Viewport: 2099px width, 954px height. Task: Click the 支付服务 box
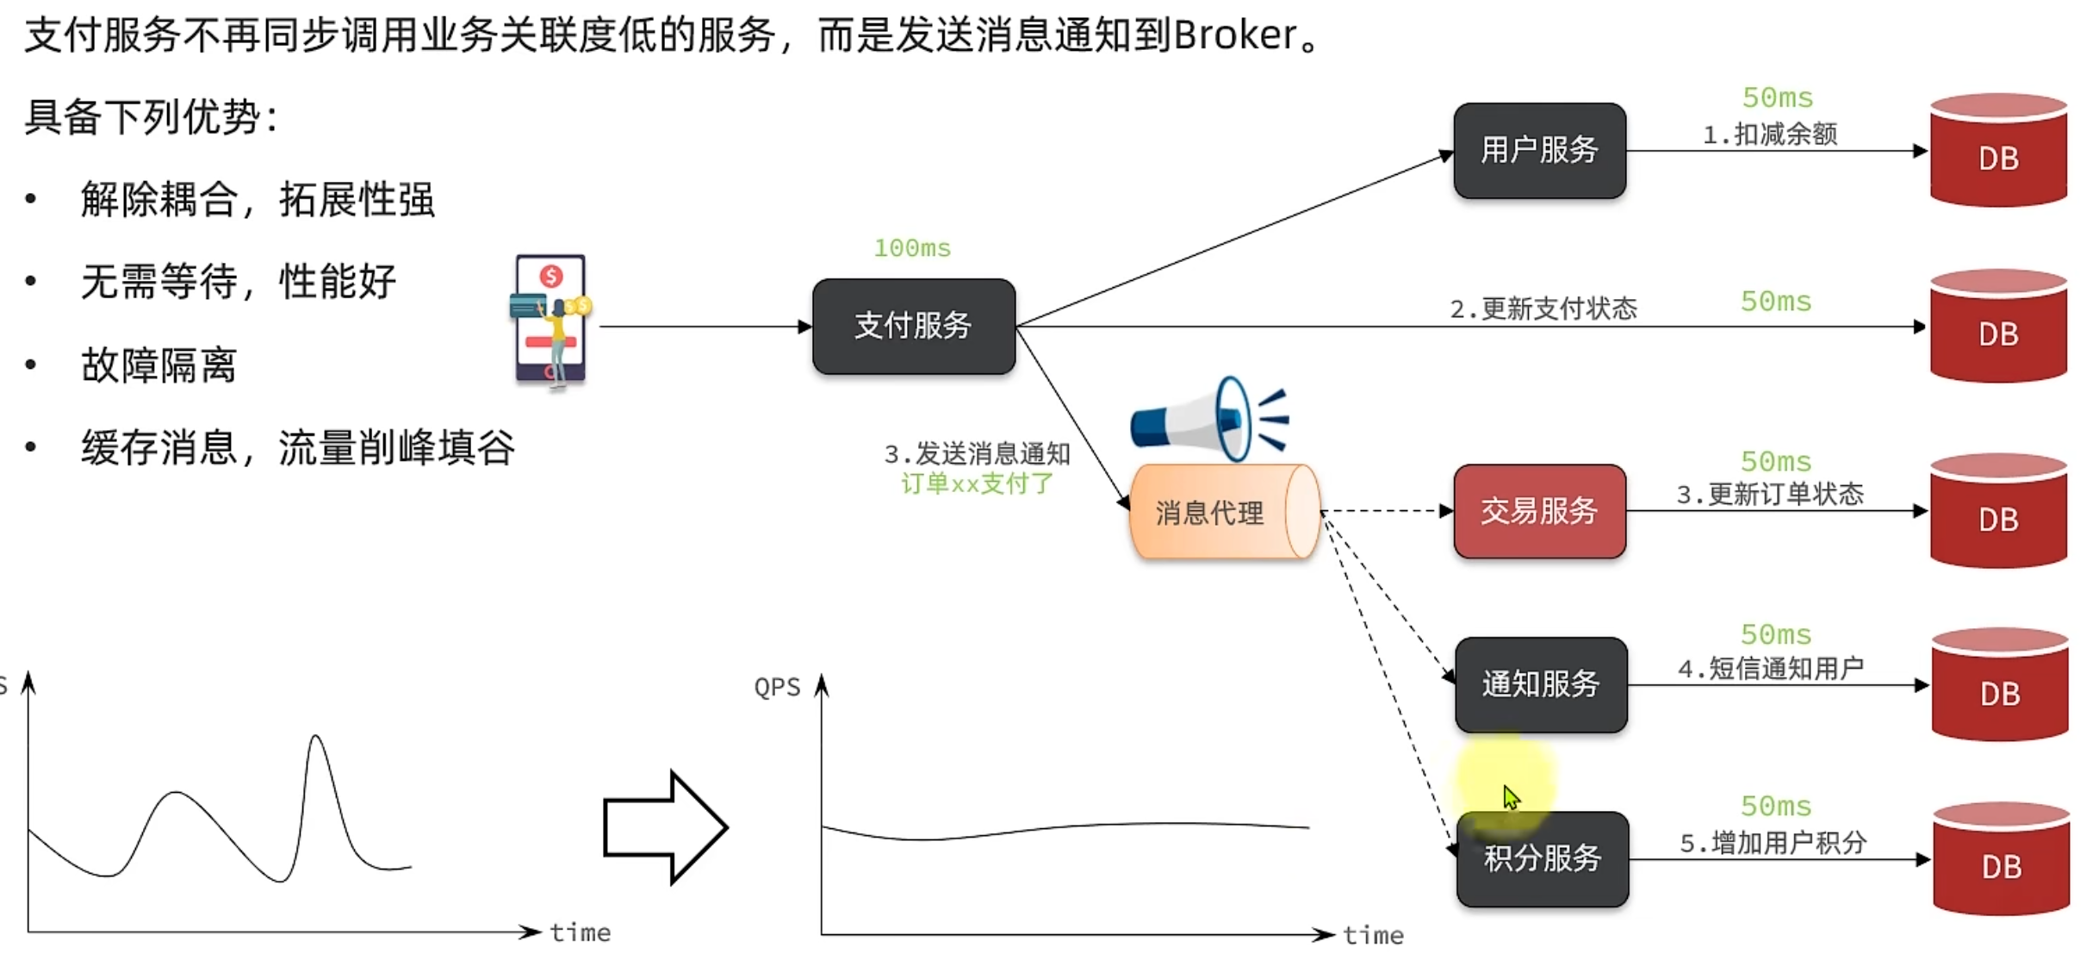[x=913, y=326]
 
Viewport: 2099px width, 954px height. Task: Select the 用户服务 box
[x=1539, y=151]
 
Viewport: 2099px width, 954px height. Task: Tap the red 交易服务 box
[x=1539, y=511]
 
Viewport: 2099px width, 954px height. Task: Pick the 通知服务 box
[x=1541, y=685]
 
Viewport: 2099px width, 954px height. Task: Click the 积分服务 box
[x=1542, y=858]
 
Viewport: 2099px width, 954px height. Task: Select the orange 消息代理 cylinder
[x=1223, y=513]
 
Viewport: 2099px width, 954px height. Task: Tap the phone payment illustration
[x=550, y=319]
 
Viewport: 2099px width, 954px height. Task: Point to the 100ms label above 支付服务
[x=912, y=248]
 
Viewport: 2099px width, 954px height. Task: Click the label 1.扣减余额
[x=1770, y=134]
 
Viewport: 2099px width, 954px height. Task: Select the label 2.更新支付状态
[x=1543, y=309]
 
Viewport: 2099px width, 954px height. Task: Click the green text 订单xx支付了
[x=977, y=483]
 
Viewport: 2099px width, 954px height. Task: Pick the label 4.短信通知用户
[x=1770, y=669]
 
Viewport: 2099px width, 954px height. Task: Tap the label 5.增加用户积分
[x=1773, y=843]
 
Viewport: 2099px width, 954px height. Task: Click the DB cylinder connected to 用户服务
[x=1998, y=151]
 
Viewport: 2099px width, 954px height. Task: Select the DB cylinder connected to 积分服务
[x=2001, y=859]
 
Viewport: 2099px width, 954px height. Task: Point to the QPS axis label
[x=777, y=687]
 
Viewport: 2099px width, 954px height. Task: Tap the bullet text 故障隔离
[x=158, y=365]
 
